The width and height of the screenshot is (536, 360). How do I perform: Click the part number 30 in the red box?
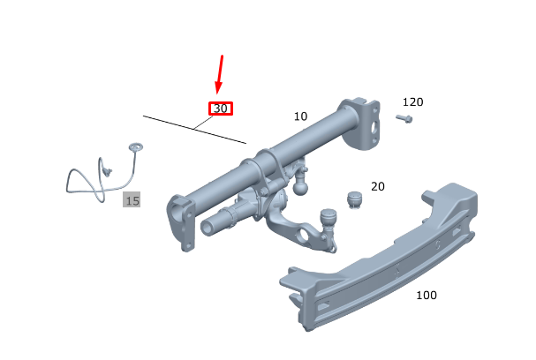coord(221,109)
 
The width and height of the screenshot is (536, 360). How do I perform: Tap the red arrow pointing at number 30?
coord(219,74)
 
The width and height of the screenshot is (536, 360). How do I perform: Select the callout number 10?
coord(300,116)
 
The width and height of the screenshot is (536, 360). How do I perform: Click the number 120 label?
coord(413,101)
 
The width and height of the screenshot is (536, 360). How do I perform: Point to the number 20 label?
coord(378,186)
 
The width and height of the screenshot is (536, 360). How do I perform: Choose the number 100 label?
coord(427,295)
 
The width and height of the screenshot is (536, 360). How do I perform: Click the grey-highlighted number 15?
coord(132,200)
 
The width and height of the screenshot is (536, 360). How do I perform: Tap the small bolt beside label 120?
coord(404,119)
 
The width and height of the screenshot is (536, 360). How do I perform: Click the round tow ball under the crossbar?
coord(300,187)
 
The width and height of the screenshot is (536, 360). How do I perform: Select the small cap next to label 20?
coord(354,199)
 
